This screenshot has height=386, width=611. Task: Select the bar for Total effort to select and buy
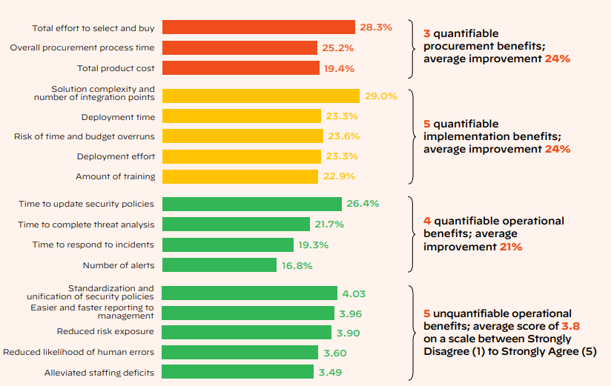258,27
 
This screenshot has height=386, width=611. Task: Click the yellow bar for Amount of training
240,176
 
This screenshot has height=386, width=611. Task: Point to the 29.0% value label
381,96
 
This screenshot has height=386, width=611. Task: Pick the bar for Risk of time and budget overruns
242,136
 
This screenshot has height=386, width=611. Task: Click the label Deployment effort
116,156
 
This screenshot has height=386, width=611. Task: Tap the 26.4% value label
363,204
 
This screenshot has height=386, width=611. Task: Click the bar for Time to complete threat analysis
236,224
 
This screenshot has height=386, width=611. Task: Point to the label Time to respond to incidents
86,244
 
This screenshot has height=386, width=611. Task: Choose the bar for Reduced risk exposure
246,333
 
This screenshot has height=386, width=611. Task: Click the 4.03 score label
354,293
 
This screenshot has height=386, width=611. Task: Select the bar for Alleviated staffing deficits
237,372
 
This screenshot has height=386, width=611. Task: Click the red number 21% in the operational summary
510,247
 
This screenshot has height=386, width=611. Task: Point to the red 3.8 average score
570,326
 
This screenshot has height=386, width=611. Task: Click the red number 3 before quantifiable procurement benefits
426,34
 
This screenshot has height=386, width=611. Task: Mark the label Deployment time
118,117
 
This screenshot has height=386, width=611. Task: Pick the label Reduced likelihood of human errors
79,353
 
